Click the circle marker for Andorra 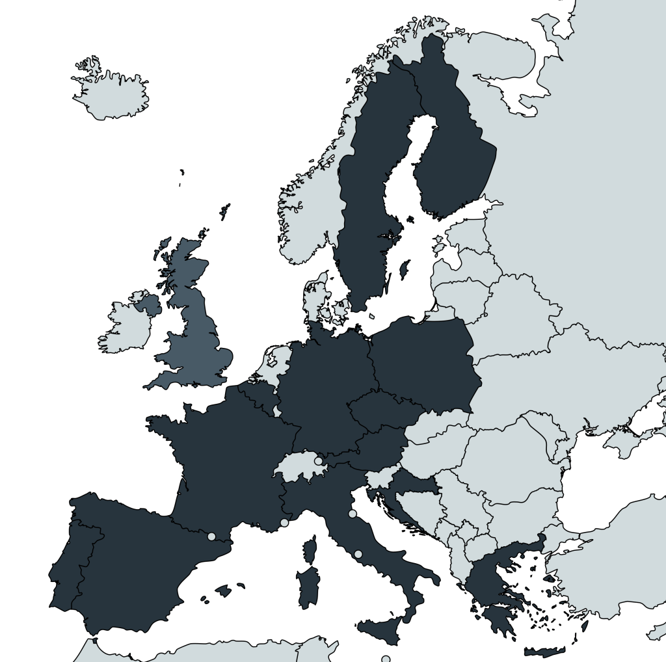211,536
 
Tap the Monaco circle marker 284,522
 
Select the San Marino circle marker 353,514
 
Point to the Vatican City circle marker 358,554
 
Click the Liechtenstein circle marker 318,461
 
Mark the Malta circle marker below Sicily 386,659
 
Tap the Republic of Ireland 124,325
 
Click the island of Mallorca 223,591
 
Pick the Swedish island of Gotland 404,269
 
